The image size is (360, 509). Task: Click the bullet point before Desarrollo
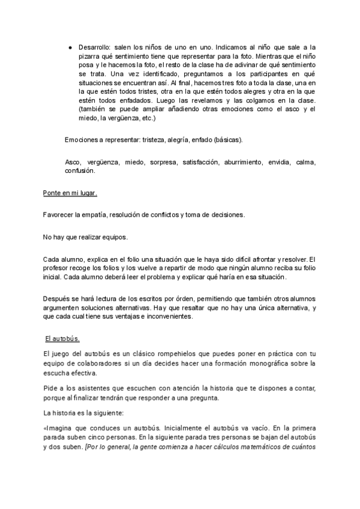(x=70, y=46)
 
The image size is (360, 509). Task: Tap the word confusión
(x=80, y=171)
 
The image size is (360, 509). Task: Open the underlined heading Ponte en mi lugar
(x=70, y=194)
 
